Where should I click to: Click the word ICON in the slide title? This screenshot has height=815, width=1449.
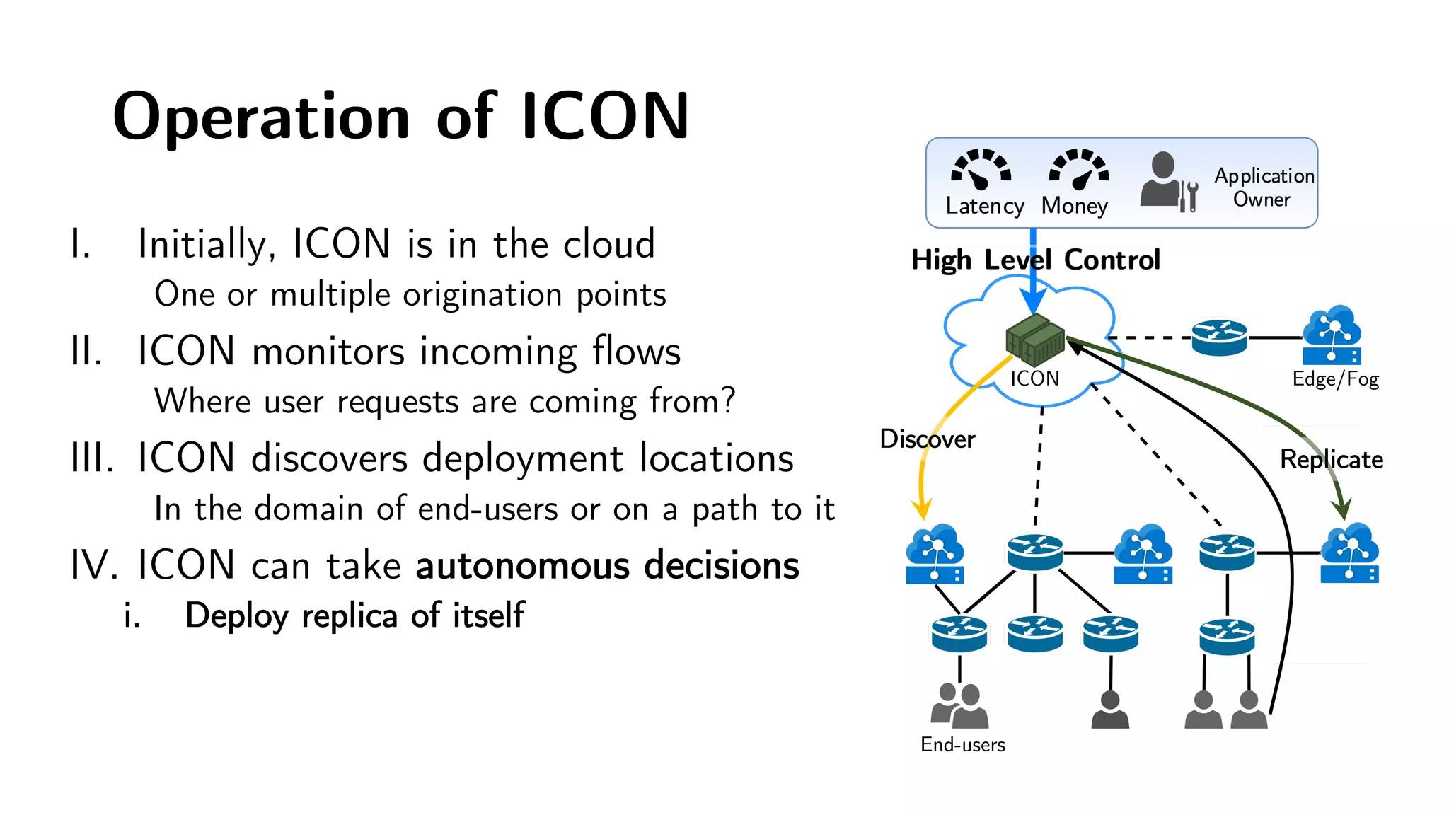[x=605, y=117]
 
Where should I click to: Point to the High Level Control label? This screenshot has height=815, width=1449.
[x=1035, y=260]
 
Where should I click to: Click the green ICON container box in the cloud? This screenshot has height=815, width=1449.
[x=1035, y=340]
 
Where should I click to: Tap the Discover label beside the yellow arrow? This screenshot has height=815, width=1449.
[x=927, y=439]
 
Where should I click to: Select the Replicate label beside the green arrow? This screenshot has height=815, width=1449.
[x=1332, y=460]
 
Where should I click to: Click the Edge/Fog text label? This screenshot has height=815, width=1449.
[x=1335, y=379]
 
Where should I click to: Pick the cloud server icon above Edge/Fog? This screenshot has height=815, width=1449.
[x=1332, y=335]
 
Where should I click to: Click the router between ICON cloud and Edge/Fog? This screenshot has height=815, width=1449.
[x=1219, y=337]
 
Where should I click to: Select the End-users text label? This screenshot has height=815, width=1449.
[x=962, y=745]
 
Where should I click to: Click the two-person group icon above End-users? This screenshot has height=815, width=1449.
[x=959, y=705]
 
